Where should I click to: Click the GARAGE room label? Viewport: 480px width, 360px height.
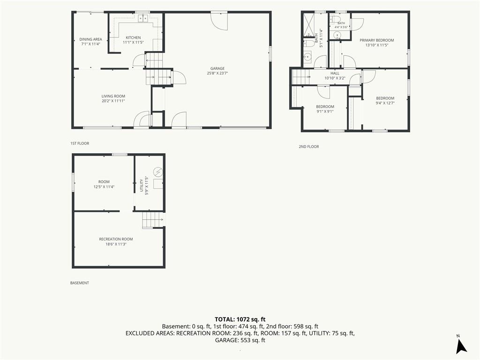[x=217, y=68]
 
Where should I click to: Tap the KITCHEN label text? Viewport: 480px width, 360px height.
[x=133, y=37]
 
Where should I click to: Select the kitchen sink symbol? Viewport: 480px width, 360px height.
[x=143, y=19]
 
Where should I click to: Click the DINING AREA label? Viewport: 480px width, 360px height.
[x=90, y=39]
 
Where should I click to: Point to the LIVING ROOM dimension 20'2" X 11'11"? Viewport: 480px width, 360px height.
[x=113, y=101]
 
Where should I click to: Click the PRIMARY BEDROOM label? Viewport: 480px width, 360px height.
[x=376, y=40]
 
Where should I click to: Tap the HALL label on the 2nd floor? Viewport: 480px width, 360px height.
[x=335, y=74]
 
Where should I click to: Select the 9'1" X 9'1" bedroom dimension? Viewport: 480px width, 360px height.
[x=325, y=112]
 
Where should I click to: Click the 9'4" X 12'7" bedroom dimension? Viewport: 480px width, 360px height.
[x=385, y=103]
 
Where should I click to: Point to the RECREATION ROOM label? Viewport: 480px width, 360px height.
[x=116, y=239]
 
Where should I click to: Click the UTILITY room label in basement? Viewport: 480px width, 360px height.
[x=142, y=185]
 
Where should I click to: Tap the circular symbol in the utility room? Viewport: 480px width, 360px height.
[x=158, y=172]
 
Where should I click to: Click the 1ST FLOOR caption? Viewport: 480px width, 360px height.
[x=80, y=143]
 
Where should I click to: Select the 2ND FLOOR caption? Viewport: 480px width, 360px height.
[x=308, y=147]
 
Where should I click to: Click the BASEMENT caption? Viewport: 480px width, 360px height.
[x=80, y=283]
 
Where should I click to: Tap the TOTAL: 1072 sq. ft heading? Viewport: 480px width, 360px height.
[x=240, y=320]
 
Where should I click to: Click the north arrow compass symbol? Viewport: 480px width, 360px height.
[x=461, y=346]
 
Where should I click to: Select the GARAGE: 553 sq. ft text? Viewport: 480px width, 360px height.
[x=240, y=340]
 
